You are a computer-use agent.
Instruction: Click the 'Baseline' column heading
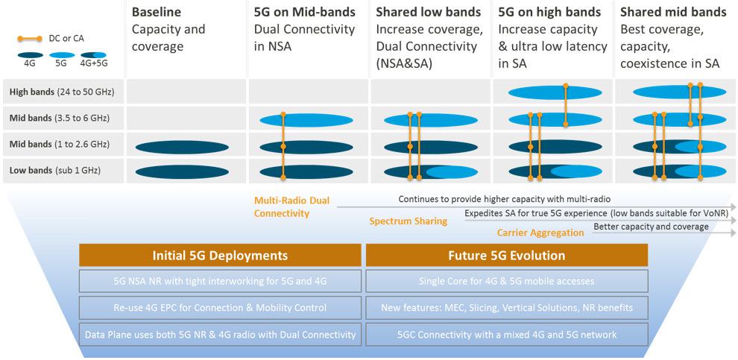click(x=157, y=12)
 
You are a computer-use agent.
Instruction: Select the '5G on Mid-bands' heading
click(x=305, y=12)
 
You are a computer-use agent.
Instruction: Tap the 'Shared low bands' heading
click(x=429, y=12)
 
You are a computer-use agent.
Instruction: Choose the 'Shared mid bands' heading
click(x=674, y=12)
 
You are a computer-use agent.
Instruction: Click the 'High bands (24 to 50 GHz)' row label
click(x=62, y=92)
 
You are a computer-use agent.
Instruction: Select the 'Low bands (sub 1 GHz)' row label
click(x=55, y=171)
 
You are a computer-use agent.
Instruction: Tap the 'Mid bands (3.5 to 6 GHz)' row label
click(x=60, y=118)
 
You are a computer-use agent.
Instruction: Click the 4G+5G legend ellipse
click(x=94, y=55)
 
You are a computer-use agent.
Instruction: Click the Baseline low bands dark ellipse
click(x=182, y=171)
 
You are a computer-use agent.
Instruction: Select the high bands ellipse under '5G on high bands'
click(x=555, y=92)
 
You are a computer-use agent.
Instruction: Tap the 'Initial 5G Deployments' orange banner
click(x=220, y=255)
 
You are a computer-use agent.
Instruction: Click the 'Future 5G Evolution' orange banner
click(x=507, y=255)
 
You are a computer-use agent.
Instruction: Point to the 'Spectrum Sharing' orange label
click(x=408, y=221)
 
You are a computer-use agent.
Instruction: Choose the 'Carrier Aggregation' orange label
click(x=540, y=233)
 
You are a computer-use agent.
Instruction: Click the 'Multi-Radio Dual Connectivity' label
click(x=291, y=207)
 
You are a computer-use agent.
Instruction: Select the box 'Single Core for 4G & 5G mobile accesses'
click(x=507, y=281)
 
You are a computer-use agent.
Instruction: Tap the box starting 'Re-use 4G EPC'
click(x=220, y=308)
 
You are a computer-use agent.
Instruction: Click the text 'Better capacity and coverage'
click(x=651, y=227)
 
